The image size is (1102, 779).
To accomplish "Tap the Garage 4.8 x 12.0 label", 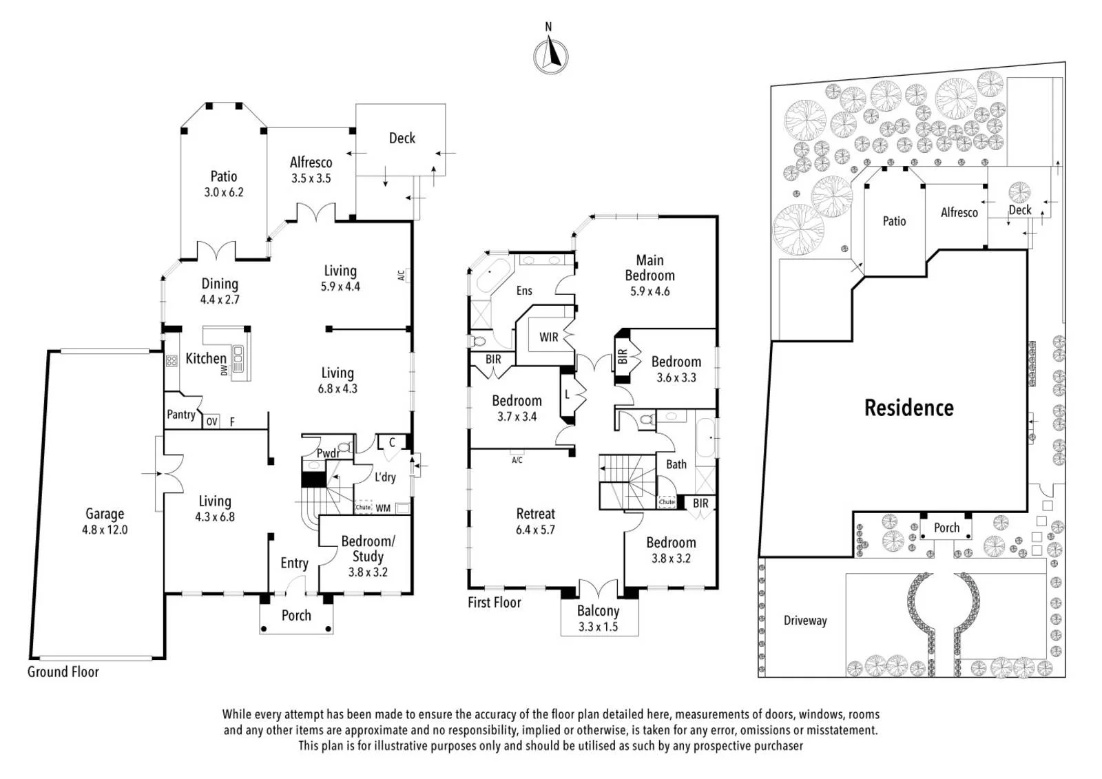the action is (105, 521).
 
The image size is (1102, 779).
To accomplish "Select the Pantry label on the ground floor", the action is (181, 415).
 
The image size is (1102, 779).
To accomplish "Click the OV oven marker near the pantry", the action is (211, 422).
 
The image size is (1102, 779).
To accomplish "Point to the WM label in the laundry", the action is (383, 508).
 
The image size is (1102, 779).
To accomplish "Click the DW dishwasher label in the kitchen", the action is (225, 370).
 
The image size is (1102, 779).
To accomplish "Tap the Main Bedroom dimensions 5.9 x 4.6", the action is (650, 291).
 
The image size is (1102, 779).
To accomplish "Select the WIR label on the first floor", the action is (548, 337).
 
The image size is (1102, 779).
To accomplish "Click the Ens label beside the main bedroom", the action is (524, 291).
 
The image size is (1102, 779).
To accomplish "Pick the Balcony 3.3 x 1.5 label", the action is (599, 619).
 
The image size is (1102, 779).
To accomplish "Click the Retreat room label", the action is (535, 514).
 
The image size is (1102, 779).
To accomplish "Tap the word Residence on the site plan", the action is (909, 408).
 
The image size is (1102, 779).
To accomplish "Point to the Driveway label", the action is (805, 621).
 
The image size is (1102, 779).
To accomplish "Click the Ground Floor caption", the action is (63, 672).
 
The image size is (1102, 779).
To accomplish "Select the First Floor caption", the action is (495, 603).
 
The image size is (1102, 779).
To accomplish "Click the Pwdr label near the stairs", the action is (328, 453).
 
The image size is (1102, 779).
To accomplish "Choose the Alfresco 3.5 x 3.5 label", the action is (311, 169).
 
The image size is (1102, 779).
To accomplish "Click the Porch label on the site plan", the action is (946, 528).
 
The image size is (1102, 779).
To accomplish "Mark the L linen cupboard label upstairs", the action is (568, 394).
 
